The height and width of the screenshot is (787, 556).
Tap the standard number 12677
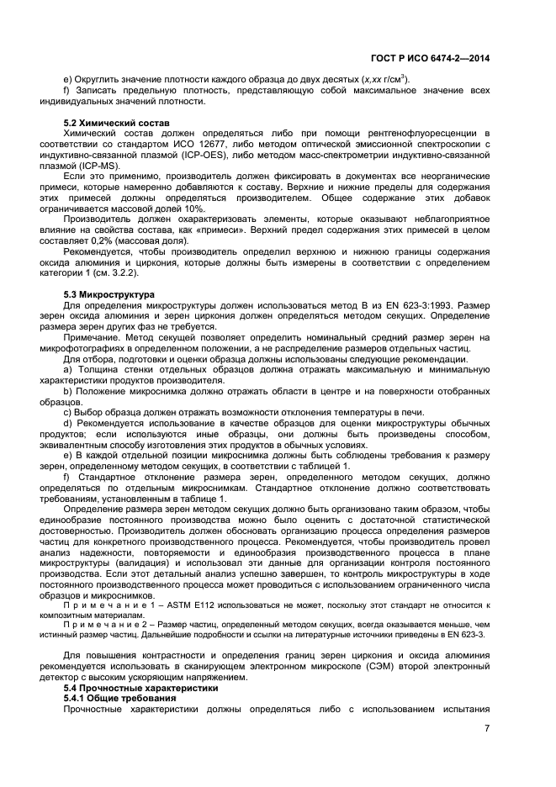click(223, 144)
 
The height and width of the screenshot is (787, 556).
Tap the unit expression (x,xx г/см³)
click(379, 80)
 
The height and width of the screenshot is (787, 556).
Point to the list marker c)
click(68, 411)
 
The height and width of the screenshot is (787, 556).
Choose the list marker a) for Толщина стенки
click(68, 369)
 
